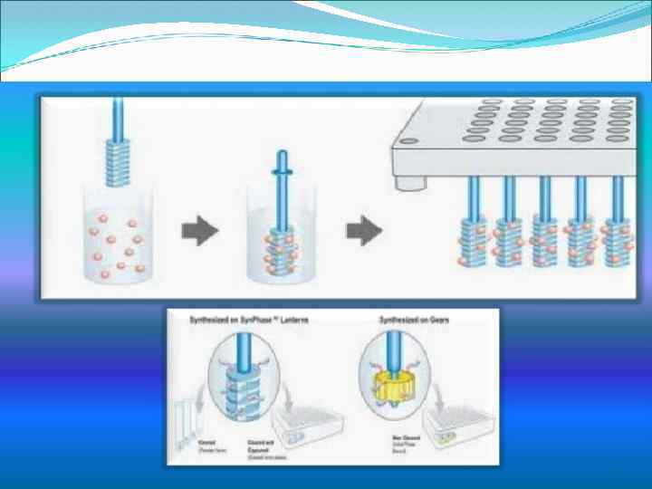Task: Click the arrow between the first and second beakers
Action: pyautogui.click(x=200, y=232)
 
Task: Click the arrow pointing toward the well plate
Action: pyautogui.click(x=360, y=232)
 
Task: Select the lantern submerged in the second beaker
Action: pyautogui.click(x=281, y=252)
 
